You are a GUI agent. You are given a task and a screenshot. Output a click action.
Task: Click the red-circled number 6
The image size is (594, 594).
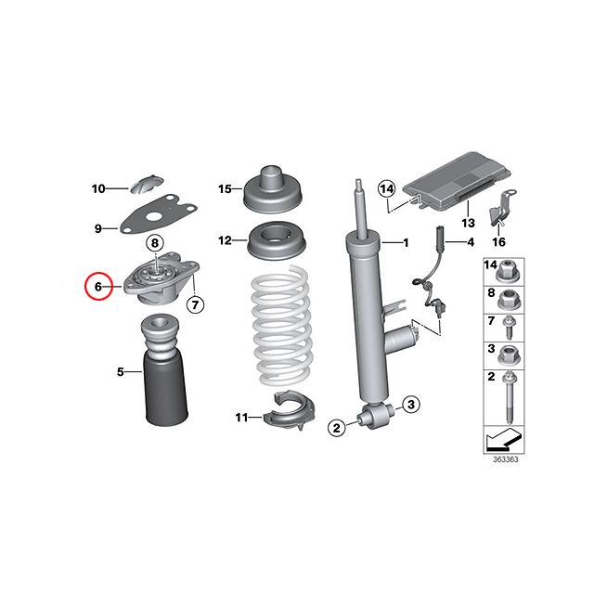pyautogui.click(x=97, y=288)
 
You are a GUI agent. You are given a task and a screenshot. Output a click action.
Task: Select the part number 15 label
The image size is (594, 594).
pyautogui.click(x=224, y=189)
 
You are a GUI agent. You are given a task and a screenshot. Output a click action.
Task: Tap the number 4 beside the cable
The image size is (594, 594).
pyautogui.click(x=470, y=242)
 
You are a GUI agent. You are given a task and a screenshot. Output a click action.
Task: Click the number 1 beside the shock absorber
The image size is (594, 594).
pyautogui.click(x=404, y=243)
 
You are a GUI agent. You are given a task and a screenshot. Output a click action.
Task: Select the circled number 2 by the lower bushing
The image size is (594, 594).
pyautogui.click(x=337, y=427)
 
